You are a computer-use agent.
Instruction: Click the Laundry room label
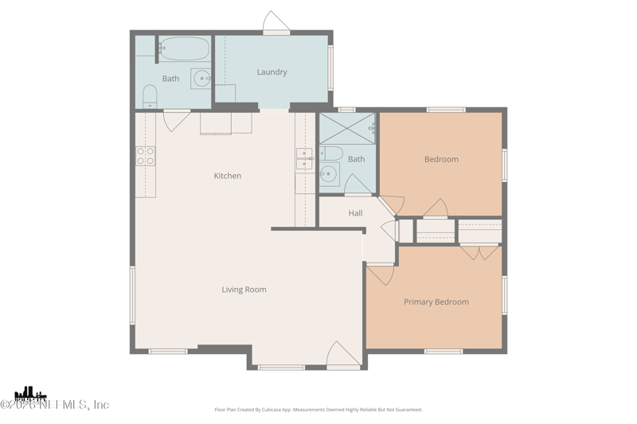(x=272, y=72)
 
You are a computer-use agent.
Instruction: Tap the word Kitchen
(x=227, y=176)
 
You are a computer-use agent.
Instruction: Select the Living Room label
(x=244, y=290)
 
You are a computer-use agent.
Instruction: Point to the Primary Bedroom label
(x=436, y=302)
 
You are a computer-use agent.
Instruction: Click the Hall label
(x=355, y=213)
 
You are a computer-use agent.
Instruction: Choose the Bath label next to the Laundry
(x=170, y=79)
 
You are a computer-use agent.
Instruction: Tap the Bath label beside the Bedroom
(x=356, y=159)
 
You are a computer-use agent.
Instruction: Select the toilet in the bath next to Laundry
(x=150, y=98)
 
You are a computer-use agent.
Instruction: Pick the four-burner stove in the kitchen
(x=145, y=155)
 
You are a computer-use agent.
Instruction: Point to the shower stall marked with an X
(x=347, y=127)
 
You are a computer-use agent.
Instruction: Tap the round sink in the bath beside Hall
(x=329, y=174)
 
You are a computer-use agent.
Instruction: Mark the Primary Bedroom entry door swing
(x=380, y=274)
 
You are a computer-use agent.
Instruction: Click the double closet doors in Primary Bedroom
(x=480, y=252)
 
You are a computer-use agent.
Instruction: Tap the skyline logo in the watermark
(x=30, y=393)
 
